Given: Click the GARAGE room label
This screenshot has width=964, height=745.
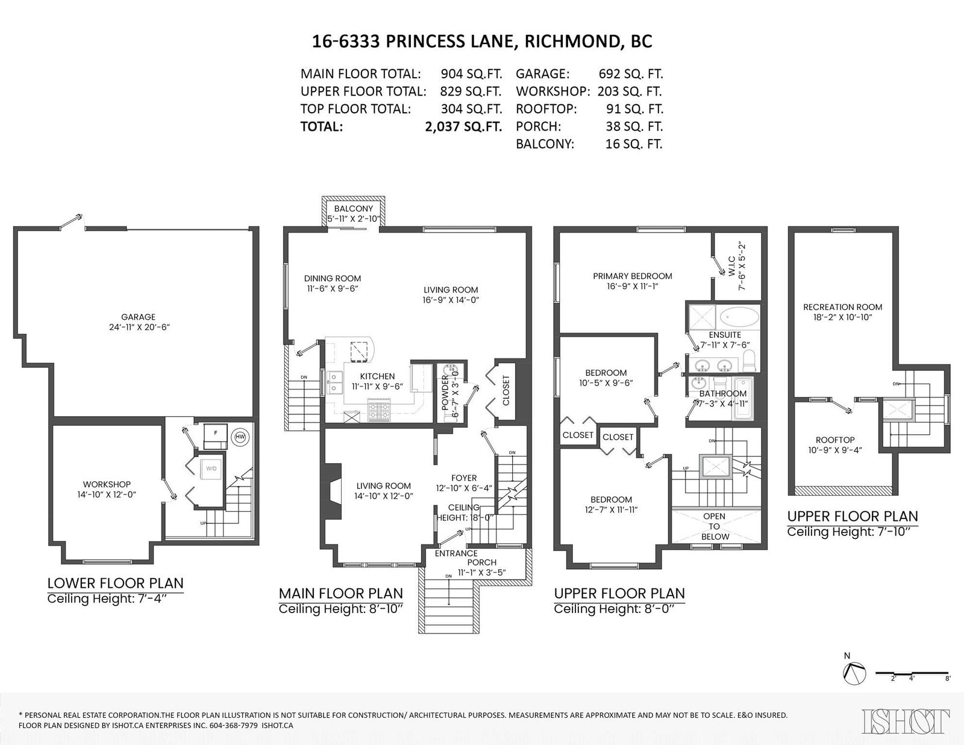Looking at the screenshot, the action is [138, 317].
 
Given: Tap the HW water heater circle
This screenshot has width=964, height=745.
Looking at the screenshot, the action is [240, 437].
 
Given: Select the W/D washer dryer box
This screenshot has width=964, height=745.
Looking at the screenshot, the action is [211, 469].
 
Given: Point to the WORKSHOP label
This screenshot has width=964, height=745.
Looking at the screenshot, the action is [107, 484].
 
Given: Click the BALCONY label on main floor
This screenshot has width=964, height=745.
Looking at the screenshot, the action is [354, 208].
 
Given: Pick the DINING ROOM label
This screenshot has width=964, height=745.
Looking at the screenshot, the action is [332, 278].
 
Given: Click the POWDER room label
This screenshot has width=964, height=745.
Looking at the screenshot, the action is [445, 393].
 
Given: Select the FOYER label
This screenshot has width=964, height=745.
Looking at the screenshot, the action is [463, 478].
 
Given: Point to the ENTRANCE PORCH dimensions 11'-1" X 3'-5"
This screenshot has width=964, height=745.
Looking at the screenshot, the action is [482, 573].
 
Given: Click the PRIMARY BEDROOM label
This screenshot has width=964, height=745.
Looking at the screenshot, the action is [632, 276].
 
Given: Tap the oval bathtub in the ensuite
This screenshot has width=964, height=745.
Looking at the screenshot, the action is [739, 317].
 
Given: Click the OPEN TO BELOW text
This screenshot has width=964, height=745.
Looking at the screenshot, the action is [714, 526].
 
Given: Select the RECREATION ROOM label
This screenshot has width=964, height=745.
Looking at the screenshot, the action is [842, 307].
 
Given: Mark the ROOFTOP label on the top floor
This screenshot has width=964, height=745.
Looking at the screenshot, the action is [835, 440].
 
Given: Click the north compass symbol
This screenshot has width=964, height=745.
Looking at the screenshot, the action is [854, 673].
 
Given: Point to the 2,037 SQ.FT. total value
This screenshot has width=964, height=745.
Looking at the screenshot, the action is [463, 127].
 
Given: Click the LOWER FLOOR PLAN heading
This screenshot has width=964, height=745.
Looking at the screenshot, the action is [115, 583].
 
